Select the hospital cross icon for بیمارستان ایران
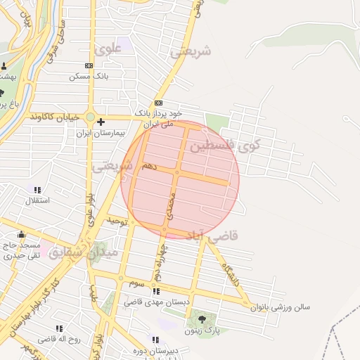(x=101, y=122)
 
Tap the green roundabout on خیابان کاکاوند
(x=90, y=117)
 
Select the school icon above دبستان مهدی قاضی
(x=156, y=291)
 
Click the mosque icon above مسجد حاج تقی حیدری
(x=21, y=235)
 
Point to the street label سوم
(x=136, y=283)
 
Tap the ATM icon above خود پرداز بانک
(x=158, y=103)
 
